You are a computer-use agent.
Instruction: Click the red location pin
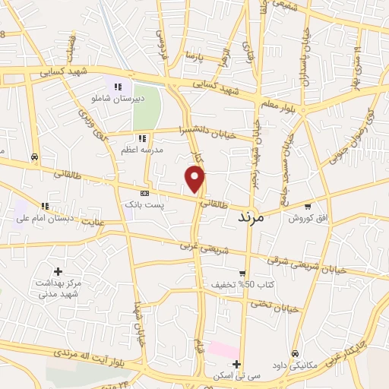195,179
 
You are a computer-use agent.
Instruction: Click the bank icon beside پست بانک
144,193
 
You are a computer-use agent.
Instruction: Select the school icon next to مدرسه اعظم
141,138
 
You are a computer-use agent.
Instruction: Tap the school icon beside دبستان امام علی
45,205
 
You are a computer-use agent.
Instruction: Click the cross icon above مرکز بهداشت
59,271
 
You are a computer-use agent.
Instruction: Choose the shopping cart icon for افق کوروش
307,206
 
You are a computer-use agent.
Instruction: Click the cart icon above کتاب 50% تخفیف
242,274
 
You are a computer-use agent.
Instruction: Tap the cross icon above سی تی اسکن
237,364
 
